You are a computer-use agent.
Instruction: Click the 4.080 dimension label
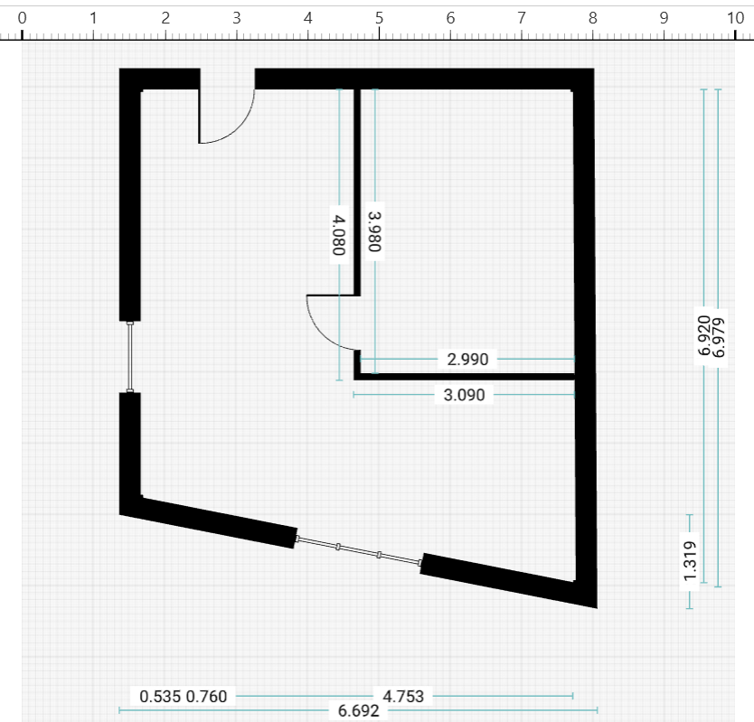pos(339,235)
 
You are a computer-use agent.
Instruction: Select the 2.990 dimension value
pos(467,360)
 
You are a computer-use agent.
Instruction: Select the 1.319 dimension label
pos(690,561)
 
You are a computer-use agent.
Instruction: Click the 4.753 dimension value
pos(403,696)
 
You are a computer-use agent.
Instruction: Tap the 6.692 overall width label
pos(358,711)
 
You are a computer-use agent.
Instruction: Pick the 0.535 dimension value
pos(158,696)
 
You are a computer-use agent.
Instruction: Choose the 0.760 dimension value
pos(206,696)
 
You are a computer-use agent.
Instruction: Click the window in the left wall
pos(130,357)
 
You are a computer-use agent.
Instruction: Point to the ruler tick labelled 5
pos(379,17)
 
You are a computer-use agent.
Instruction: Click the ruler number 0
pos(22,17)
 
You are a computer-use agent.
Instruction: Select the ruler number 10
pos(735,17)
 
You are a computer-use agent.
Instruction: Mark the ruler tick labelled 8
pos(592,17)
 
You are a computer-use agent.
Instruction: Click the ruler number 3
pos(236,17)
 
